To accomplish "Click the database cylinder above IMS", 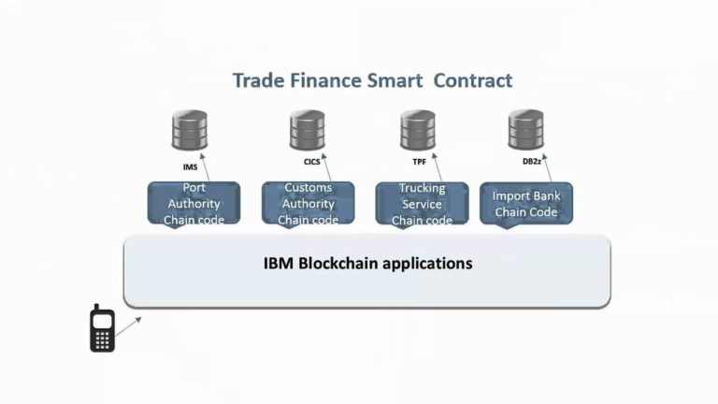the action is coord(190,131).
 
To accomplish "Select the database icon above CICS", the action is coord(307,131).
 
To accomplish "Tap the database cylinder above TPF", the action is coord(418,131).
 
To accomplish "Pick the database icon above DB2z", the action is coord(526,131).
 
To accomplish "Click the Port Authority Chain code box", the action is coord(194,204).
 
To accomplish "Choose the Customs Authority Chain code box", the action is coord(309,204).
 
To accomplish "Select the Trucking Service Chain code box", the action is coord(422,204).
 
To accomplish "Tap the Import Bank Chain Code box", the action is coord(526,204).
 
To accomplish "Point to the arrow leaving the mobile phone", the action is coord(130,323).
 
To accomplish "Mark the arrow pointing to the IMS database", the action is coord(204,166).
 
